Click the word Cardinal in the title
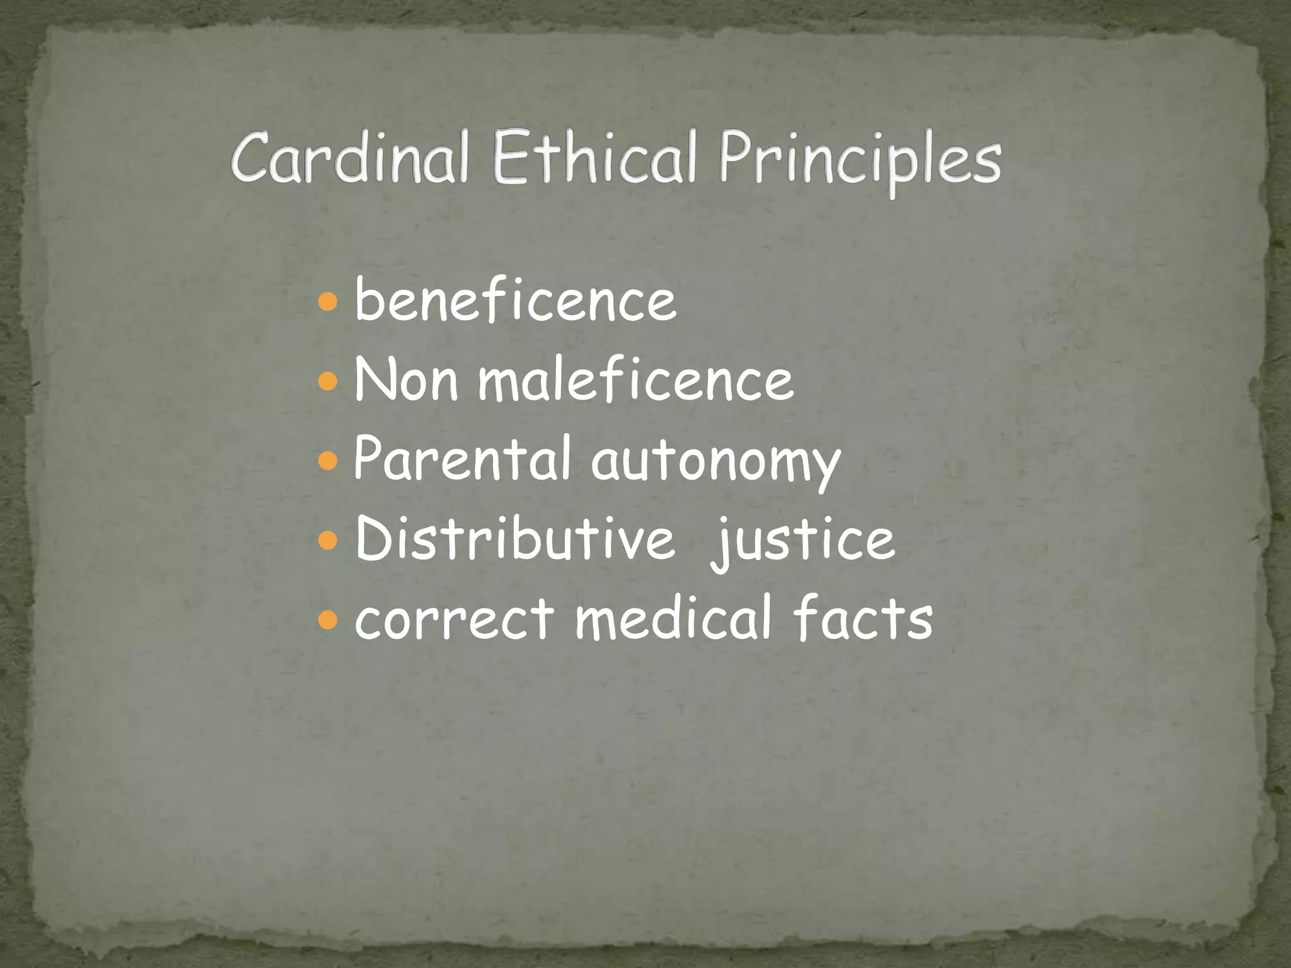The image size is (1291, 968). pyautogui.click(x=350, y=158)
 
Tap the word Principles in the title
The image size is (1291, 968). pyautogui.click(x=860, y=161)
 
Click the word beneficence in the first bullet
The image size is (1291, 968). pyautogui.click(x=516, y=301)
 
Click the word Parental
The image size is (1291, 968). pyautogui.click(x=462, y=459)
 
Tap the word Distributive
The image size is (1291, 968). pyautogui.click(x=514, y=539)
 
